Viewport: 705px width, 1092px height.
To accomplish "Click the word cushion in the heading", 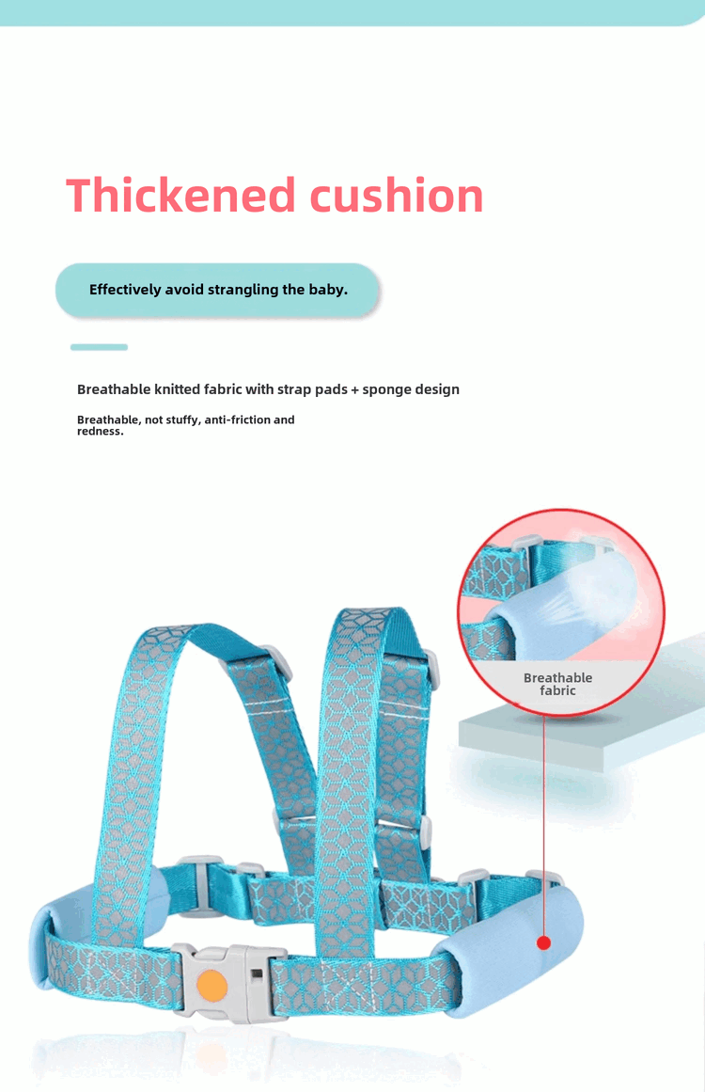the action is pyautogui.click(x=396, y=196).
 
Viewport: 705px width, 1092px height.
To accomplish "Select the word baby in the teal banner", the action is pyautogui.click(x=326, y=290).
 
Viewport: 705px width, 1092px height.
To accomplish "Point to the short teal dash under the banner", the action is pyautogui.click(x=99, y=347).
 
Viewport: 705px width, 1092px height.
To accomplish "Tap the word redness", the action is pyautogui.click(x=99, y=431).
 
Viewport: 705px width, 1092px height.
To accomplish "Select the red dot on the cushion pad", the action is pyautogui.click(x=543, y=942).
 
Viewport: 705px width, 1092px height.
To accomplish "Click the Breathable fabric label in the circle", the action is pyautogui.click(x=557, y=684).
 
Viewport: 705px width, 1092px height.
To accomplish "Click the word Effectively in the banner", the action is pyautogui.click(x=125, y=290).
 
